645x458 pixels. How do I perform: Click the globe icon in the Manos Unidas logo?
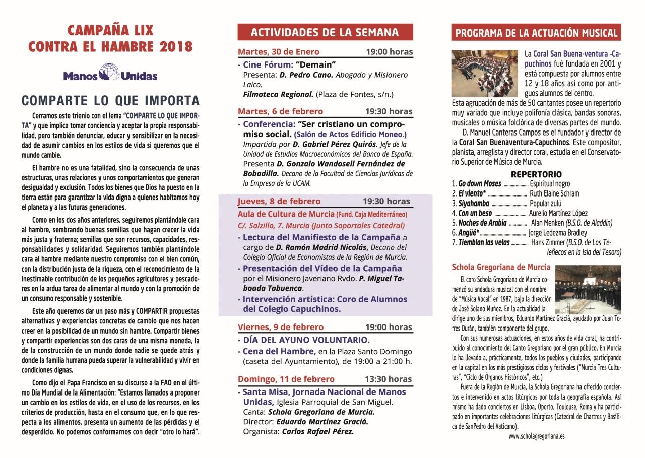(109, 71)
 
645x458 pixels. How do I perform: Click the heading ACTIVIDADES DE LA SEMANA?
(325, 33)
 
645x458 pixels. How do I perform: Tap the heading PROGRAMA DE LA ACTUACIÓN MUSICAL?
(536, 33)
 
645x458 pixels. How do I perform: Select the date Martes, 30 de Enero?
(279, 52)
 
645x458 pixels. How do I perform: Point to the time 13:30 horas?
(389, 379)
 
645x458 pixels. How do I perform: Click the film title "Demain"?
(316, 64)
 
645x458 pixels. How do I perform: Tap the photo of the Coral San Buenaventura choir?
(484, 73)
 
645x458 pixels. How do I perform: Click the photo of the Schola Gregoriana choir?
(588, 289)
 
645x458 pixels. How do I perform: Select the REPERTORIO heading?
(536, 174)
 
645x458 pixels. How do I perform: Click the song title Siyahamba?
(474, 204)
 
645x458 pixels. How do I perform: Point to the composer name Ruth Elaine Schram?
(554, 193)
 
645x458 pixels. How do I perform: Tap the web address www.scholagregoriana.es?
(536, 436)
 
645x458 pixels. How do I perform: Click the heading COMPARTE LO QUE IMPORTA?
(111, 100)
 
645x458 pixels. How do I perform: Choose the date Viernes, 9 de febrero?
(281, 327)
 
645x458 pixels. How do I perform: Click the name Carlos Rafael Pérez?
(317, 431)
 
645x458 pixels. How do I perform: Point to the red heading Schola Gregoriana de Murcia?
(500, 267)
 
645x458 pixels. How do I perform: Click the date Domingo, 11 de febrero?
(286, 379)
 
